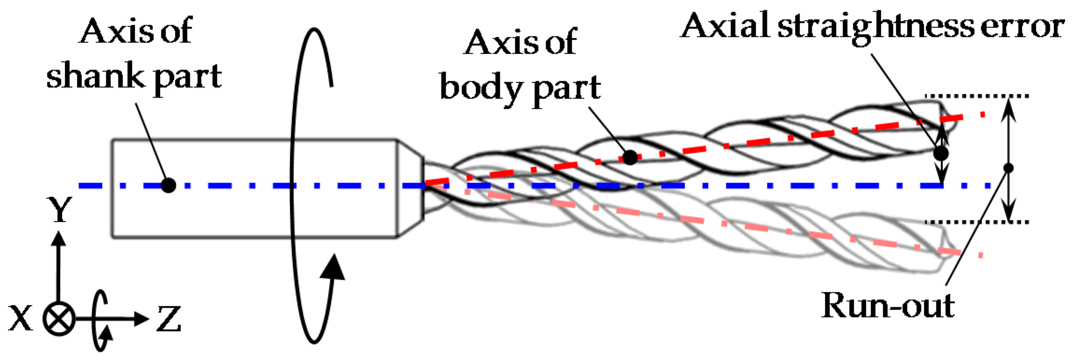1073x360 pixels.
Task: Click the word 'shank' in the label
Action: [95, 76]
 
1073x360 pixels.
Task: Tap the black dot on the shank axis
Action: [168, 185]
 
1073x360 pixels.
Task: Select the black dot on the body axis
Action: [630, 157]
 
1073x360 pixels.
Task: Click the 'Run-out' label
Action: [888, 306]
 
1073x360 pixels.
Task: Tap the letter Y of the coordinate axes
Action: [59, 210]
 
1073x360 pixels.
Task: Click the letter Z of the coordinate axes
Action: [168, 319]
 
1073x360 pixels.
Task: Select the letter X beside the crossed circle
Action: [21, 319]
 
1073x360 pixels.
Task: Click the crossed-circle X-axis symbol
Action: [59, 319]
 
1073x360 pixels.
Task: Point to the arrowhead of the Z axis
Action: [141, 319]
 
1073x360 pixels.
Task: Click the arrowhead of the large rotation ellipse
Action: [333, 267]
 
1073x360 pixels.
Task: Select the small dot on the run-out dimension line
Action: [1009, 168]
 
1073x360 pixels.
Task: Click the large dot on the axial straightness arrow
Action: [941, 153]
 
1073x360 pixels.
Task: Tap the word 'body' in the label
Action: [481, 88]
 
